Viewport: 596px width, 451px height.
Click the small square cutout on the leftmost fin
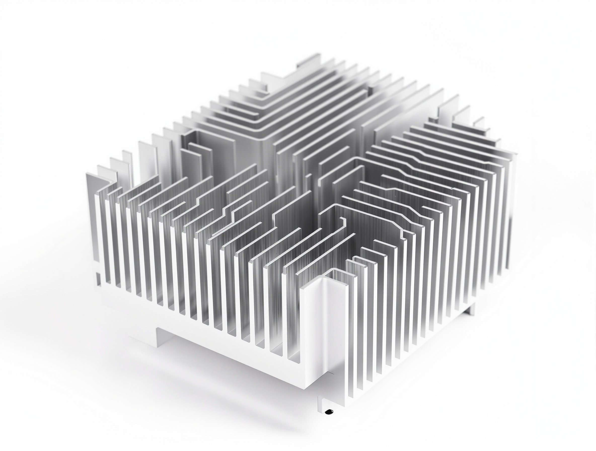(98, 275)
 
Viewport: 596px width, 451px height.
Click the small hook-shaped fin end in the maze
(343, 221)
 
